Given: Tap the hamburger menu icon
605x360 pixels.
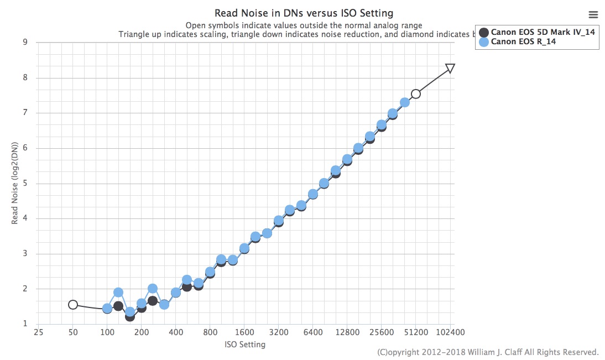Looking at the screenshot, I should click(593, 14).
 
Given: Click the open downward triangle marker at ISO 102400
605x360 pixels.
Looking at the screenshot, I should click(450, 68).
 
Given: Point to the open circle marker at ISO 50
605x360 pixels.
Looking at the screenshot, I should click(73, 305).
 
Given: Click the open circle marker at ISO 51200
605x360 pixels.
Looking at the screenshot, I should click(416, 94).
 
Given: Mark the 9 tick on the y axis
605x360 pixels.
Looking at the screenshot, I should click(25, 42).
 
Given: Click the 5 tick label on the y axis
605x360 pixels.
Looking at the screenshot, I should click(25, 183).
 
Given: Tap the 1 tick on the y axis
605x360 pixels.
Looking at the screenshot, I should click(25, 324).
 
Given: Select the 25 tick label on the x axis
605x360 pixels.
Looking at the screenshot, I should click(38, 333).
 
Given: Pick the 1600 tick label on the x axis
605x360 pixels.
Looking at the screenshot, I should click(244, 333).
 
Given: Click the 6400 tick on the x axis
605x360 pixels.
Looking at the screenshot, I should click(313, 333).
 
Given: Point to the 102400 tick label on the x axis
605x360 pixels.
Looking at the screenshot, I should click(450, 333).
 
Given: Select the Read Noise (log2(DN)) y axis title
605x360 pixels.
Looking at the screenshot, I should click(15, 183).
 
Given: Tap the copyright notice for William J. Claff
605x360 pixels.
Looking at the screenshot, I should click(488, 352).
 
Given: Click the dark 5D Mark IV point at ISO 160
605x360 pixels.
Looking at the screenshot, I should click(130, 316).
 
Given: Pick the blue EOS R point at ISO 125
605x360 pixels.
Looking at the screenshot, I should click(118, 292).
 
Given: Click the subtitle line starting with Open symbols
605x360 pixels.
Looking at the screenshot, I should click(304, 25).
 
